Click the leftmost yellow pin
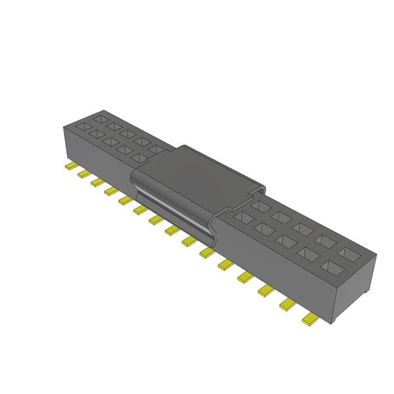click(70, 166)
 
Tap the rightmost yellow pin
click(308, 320)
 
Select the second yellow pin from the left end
click(83, 174)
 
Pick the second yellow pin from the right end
click(288, 303)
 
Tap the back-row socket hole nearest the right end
click(348, 252)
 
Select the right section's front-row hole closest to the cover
click(243, 217)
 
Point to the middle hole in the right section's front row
click(287, 241)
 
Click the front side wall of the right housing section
click(282, 276)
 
